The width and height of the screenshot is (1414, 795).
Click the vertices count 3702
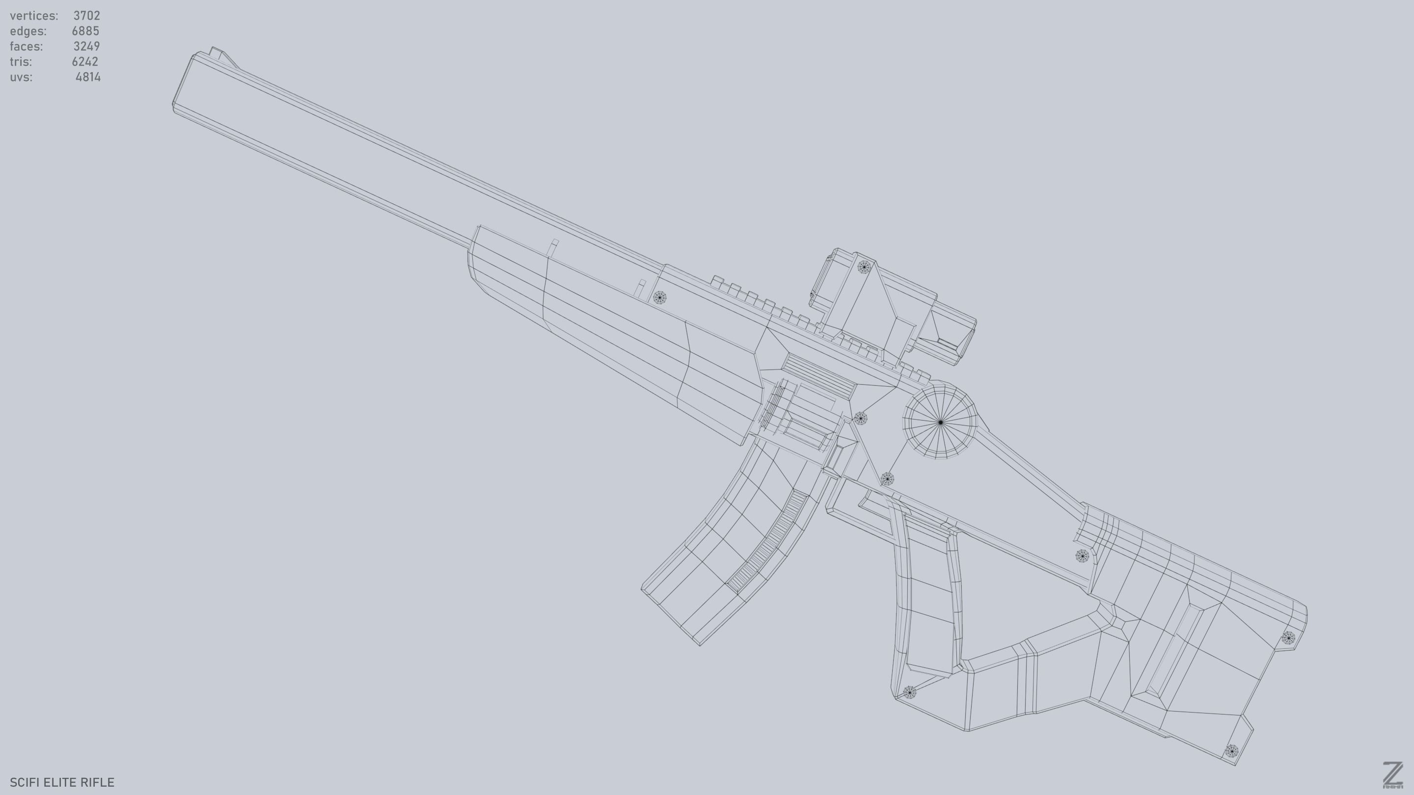86,15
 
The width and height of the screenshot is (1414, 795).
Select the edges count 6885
85,31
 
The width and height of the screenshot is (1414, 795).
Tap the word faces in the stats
26,46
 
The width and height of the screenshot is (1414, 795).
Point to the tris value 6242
84,61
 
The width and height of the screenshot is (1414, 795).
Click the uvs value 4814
88,77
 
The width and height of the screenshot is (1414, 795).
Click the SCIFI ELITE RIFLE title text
62,782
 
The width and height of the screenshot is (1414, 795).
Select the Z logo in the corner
1392,775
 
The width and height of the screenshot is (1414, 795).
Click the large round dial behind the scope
940,422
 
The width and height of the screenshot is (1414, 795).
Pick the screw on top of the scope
864,267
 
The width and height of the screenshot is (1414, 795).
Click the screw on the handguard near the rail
659,298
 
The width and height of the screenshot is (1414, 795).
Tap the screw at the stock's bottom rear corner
1231,750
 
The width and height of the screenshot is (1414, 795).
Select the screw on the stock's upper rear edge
1288,637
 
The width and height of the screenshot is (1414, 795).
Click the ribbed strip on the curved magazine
768,541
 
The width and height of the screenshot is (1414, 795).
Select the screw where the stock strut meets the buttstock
1081,556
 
